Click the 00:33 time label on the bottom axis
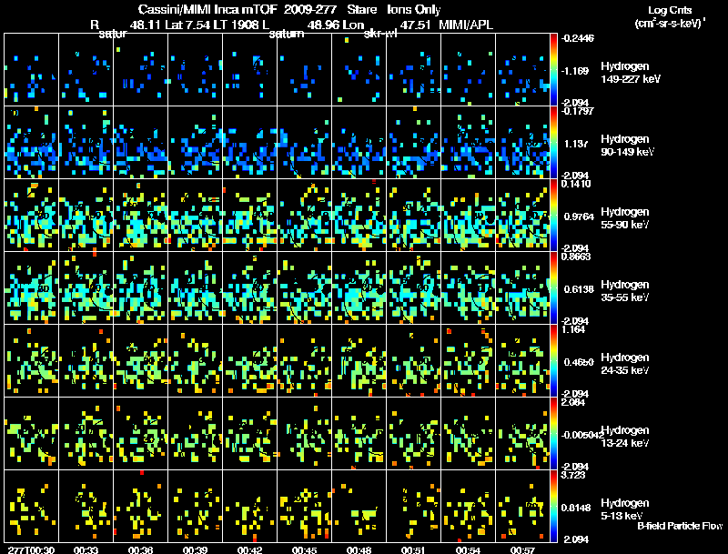click(x=86, y=549)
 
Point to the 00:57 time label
click(x=522, y=549)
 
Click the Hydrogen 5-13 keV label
click(x=625, y=509)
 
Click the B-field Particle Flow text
click(x=680, y=526)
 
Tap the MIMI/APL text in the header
click(x=466, y=25)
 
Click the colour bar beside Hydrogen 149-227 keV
click(x=555, y=68)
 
